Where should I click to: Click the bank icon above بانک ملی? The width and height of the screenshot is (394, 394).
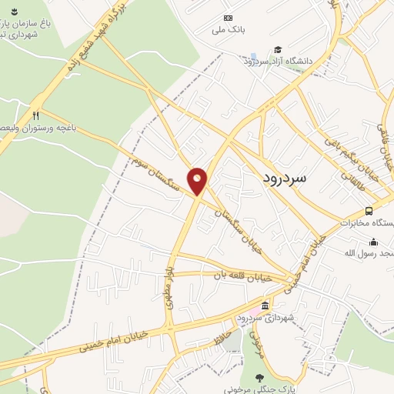pos(227,18)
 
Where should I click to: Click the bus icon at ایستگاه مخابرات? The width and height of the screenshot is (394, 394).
pos(369,211)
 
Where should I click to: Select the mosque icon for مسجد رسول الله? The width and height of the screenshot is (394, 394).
pos(372,242)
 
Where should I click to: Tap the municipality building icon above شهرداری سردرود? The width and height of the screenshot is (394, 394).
pos(265,306)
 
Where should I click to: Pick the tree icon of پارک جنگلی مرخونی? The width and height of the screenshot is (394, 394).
pos(259,377)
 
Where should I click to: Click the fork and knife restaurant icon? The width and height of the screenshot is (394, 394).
pos(35,115)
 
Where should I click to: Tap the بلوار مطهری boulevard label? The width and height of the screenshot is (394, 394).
pos(169,289)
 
